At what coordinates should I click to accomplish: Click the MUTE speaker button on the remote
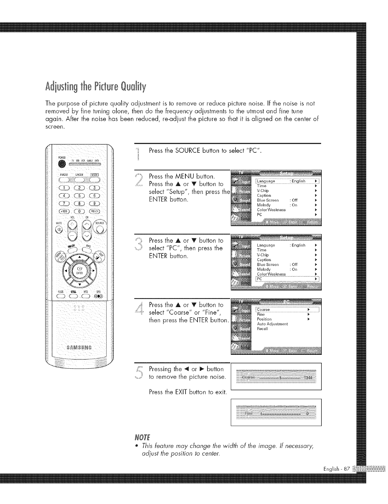[x=59, y=230]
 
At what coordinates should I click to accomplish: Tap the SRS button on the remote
[x=97, y=296]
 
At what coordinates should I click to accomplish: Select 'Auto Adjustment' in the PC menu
[x=272, y=324]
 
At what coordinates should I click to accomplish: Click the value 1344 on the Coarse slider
[x=309, y=377]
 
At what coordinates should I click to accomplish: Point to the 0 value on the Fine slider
[x=307, y=413]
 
